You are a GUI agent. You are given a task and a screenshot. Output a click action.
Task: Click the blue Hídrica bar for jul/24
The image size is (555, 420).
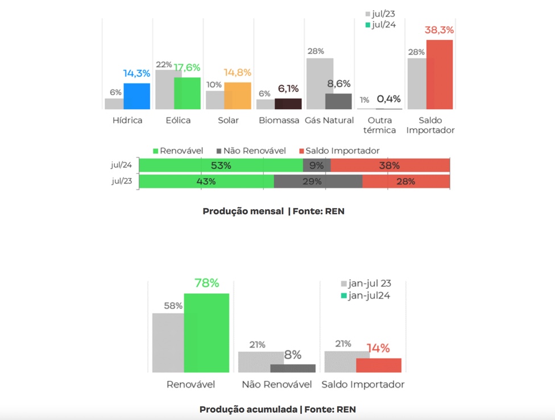pos(137,97)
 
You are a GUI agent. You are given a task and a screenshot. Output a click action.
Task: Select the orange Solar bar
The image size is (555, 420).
pos(238,96)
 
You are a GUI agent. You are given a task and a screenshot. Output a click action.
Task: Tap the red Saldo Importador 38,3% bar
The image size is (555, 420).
pos(440,74)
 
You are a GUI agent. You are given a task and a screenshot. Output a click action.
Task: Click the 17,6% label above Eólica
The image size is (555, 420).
pos(187,68)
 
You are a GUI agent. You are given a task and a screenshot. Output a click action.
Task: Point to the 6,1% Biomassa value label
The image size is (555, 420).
pos(288,89)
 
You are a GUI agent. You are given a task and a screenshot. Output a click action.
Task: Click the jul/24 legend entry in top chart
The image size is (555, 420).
pos(381,24)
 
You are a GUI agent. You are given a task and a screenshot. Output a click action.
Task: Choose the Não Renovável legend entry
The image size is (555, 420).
pos(251,151)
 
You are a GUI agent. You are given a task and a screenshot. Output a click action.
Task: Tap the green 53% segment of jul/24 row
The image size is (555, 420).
pos(221,165)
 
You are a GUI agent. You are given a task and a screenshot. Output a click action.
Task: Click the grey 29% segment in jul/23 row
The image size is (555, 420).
pos(318,181)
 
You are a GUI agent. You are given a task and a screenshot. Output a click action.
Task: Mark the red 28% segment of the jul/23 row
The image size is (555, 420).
pos(406,181)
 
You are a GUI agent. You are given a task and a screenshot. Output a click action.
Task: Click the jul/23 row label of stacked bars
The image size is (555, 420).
pos(122,181)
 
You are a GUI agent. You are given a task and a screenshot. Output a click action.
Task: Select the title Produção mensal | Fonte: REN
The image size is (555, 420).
pos(274,211)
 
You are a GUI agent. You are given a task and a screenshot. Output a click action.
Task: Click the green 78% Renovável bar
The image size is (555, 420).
pos(206,333)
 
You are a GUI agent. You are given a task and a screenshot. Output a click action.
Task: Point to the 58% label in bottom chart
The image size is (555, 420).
pos(173,306)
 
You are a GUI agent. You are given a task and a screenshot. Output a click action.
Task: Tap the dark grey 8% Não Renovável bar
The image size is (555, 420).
pos(293,368)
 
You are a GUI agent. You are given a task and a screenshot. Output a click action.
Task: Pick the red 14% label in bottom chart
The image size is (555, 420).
pos(378,348)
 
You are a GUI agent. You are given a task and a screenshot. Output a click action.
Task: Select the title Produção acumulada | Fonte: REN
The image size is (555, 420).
pos(277,409)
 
